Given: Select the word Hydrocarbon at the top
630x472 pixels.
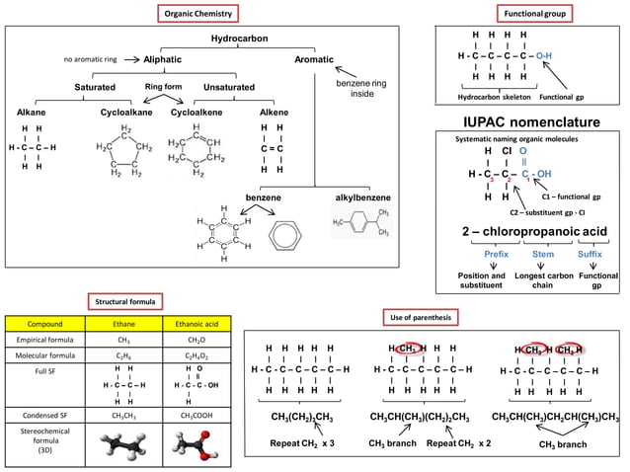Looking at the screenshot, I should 244,39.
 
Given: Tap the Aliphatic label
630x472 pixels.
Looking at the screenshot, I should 162,60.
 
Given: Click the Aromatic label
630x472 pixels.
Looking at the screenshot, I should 315,60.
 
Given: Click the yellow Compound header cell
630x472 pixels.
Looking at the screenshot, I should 44,323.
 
